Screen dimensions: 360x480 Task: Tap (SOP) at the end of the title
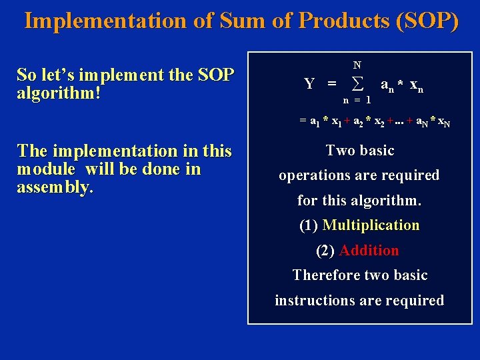point(427,21)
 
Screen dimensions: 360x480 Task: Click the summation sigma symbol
point(357,84)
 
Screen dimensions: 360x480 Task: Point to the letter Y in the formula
point(309,84)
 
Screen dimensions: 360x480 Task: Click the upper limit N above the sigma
point(357,65)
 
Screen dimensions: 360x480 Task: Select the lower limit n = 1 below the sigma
point(357,99)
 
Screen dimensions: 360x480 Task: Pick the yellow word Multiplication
point(371,225)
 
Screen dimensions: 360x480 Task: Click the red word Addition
point(369,251)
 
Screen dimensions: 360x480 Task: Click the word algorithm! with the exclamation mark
point(59,92)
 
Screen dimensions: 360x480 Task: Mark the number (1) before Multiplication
point(309,225)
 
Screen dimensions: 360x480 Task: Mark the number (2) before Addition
point(325,251)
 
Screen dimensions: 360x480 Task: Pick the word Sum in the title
point(229,21)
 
